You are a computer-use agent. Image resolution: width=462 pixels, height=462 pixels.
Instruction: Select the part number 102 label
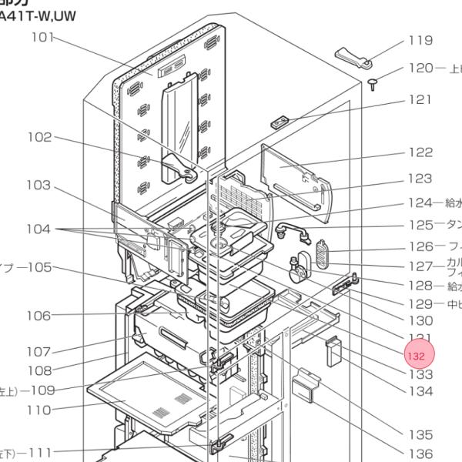(x=39, y=138)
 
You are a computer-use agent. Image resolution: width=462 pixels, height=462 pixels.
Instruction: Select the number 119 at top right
(x=420, y=41)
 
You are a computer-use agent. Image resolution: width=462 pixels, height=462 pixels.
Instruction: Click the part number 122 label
(x=420, y=153)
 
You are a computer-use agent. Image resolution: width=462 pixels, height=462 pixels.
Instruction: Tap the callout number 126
(x=420, y=247)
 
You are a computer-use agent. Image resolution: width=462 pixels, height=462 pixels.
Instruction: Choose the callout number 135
(x=420, y=435)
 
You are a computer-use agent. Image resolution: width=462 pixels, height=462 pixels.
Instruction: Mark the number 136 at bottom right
(x=420, y=454)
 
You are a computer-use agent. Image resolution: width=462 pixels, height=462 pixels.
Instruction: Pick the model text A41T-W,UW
(x=38, y=15)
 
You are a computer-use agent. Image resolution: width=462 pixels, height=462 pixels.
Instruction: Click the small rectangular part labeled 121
(x=279, y=122)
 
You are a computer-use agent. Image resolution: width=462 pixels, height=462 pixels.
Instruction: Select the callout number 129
(x=420, y=303)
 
